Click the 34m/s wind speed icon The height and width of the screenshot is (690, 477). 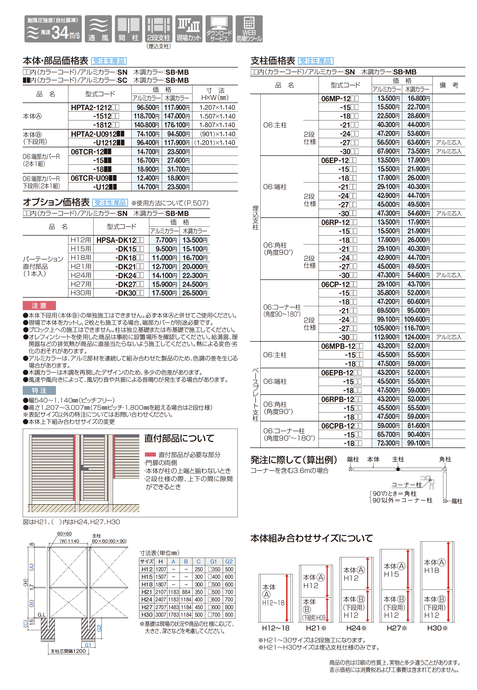(x=53, y=29)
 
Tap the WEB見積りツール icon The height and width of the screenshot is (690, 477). (x=249, y=29)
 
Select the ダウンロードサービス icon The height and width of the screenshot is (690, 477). (x=219, y=29)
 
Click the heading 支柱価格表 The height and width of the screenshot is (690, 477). (x=273, y=61)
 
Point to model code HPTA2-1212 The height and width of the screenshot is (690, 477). (x=94, y=107)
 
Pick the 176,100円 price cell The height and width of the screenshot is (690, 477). (x=177, y=125)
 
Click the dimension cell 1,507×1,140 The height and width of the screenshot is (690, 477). (x=217, y=116)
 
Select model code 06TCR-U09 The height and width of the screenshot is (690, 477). (x=93, y=178)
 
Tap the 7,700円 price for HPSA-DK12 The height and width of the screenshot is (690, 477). (x=166, y=240)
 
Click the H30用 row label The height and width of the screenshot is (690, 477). (x=81, y=293)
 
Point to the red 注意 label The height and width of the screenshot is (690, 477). (x=39, y=306)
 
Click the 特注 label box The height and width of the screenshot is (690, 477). (x=39, y=390)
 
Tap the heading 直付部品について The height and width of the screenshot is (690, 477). (x=179, y=439)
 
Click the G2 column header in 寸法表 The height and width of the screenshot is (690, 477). (x=229, y=562)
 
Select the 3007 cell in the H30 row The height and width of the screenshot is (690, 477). (x=160, y=615)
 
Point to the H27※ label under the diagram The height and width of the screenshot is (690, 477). (x=397, y=628)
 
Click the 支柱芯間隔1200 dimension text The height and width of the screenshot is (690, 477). (x=68, y=651)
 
